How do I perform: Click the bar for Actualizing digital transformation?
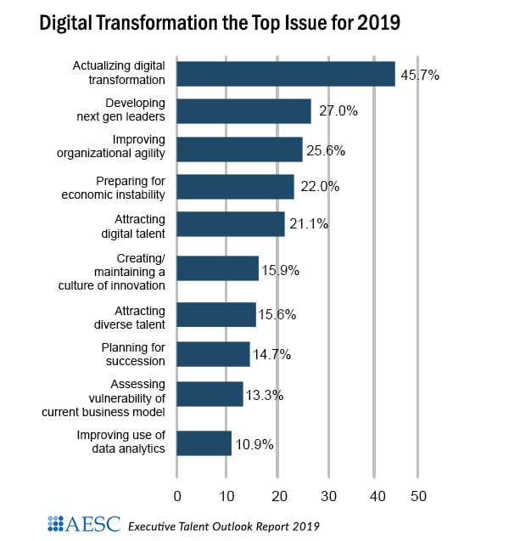(x=285, y=74)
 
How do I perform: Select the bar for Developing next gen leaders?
(x=243, y=111)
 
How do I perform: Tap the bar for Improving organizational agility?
(x=240, y=149)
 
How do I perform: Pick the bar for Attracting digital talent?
(x=231, y=224)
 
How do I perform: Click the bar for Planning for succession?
(x=214, y=354)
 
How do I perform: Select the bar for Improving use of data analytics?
(x=204, y=443)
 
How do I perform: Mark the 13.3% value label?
(x=266, y=395)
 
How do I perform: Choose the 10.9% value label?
(x=255, y=444)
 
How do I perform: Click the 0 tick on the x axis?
(x=176, y=495)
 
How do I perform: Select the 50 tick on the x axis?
(x=417, y=495)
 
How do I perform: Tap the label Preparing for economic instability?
(x=120, y=187)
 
